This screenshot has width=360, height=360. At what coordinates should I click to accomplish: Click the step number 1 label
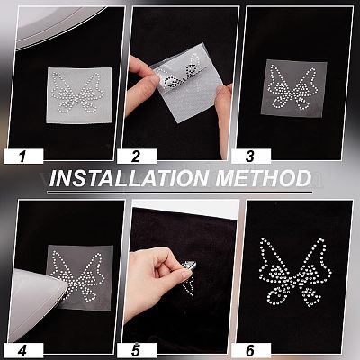pos(22,157)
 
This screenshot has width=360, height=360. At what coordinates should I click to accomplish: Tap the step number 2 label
pos(136,157)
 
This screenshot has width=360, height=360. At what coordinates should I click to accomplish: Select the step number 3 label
pos(249,157)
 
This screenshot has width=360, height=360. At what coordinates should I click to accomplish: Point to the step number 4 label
pos(22,350)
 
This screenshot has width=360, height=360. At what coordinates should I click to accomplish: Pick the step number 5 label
pos(136,350)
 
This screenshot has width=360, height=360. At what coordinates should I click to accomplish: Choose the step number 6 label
pos(249,350)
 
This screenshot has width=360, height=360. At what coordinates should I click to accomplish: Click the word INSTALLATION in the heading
pos(128,178)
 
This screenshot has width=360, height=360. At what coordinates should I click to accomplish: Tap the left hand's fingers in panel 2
pos(142,84)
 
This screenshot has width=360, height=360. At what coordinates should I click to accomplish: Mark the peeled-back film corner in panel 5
pos(190,265)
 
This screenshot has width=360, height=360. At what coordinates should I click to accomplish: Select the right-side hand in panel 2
pos(223,120)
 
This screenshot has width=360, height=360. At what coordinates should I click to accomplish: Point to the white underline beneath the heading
pos(180,193)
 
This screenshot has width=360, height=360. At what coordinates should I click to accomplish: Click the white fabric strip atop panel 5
pos(184,208)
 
